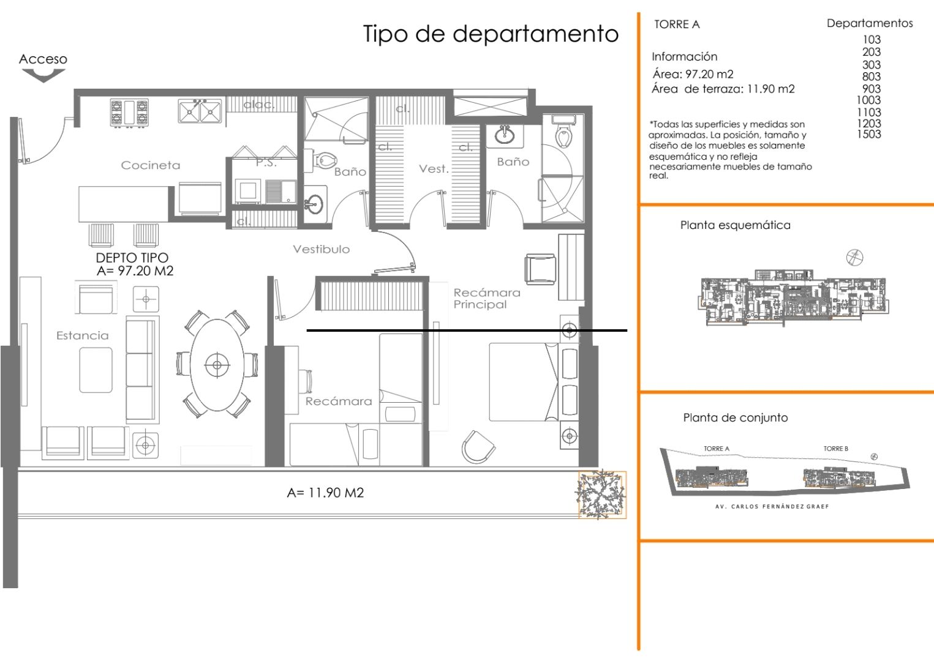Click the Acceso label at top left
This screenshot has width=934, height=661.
(43, 59)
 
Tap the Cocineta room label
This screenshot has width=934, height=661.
(151, 165)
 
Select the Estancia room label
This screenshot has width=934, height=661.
(82, 335)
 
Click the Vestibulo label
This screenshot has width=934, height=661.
(321, 249)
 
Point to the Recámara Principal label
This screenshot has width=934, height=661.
(486, 299)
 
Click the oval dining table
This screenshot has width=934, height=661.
(217, 365)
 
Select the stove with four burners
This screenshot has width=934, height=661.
(129, 113)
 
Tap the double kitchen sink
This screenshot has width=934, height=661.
(200, 111)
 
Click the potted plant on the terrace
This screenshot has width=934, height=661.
(602, 495)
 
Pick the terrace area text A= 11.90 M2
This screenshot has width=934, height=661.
(325, 493)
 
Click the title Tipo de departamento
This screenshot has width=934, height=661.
(491, 34)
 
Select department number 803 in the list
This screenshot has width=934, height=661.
(871, 77)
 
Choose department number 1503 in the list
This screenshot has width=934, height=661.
(868, 134)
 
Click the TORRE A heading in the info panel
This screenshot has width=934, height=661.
(677, 24)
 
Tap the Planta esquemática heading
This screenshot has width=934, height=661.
(735, 225)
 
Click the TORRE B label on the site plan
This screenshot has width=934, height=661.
(835, 449)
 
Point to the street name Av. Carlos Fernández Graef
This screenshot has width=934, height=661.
(772, 507)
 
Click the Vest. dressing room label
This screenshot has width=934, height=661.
(434, 169)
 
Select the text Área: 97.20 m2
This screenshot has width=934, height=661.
(693, 74)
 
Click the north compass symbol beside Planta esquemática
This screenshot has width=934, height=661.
(854, 257)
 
